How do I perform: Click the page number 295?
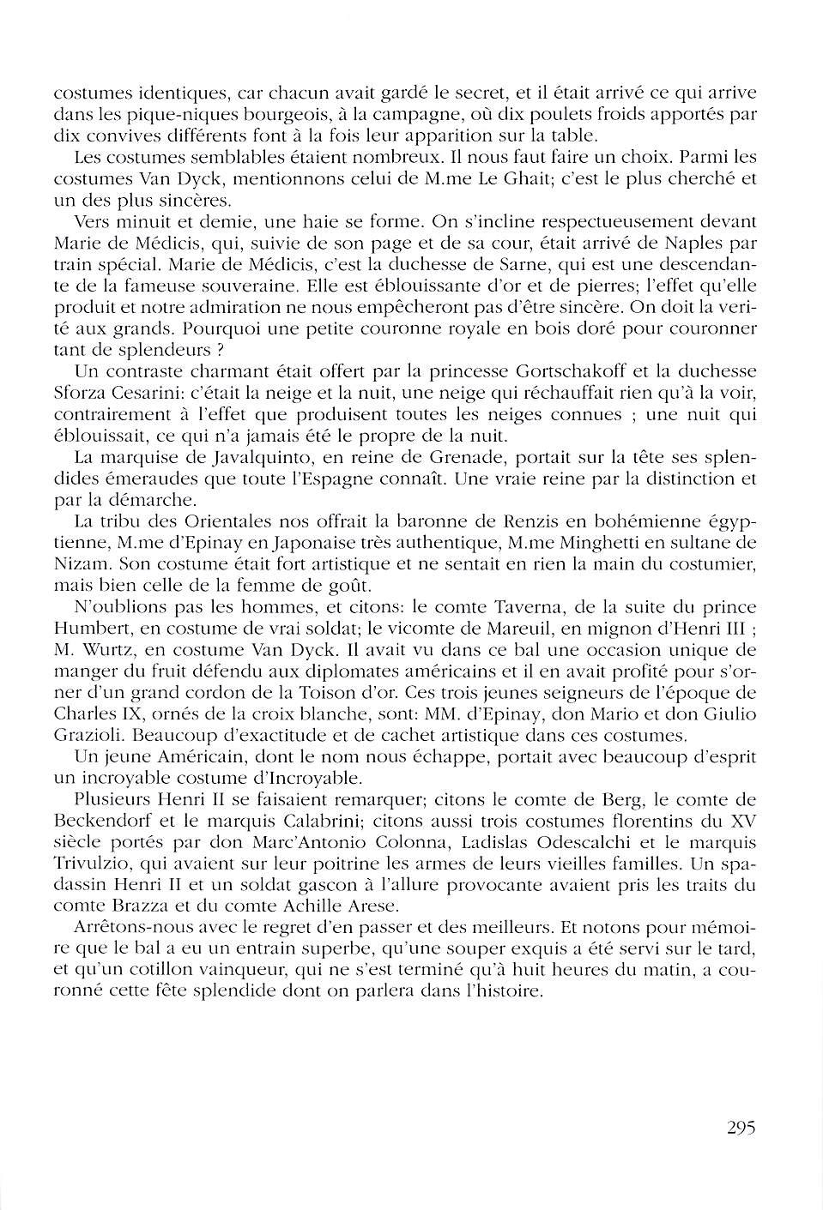(740, 1128)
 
